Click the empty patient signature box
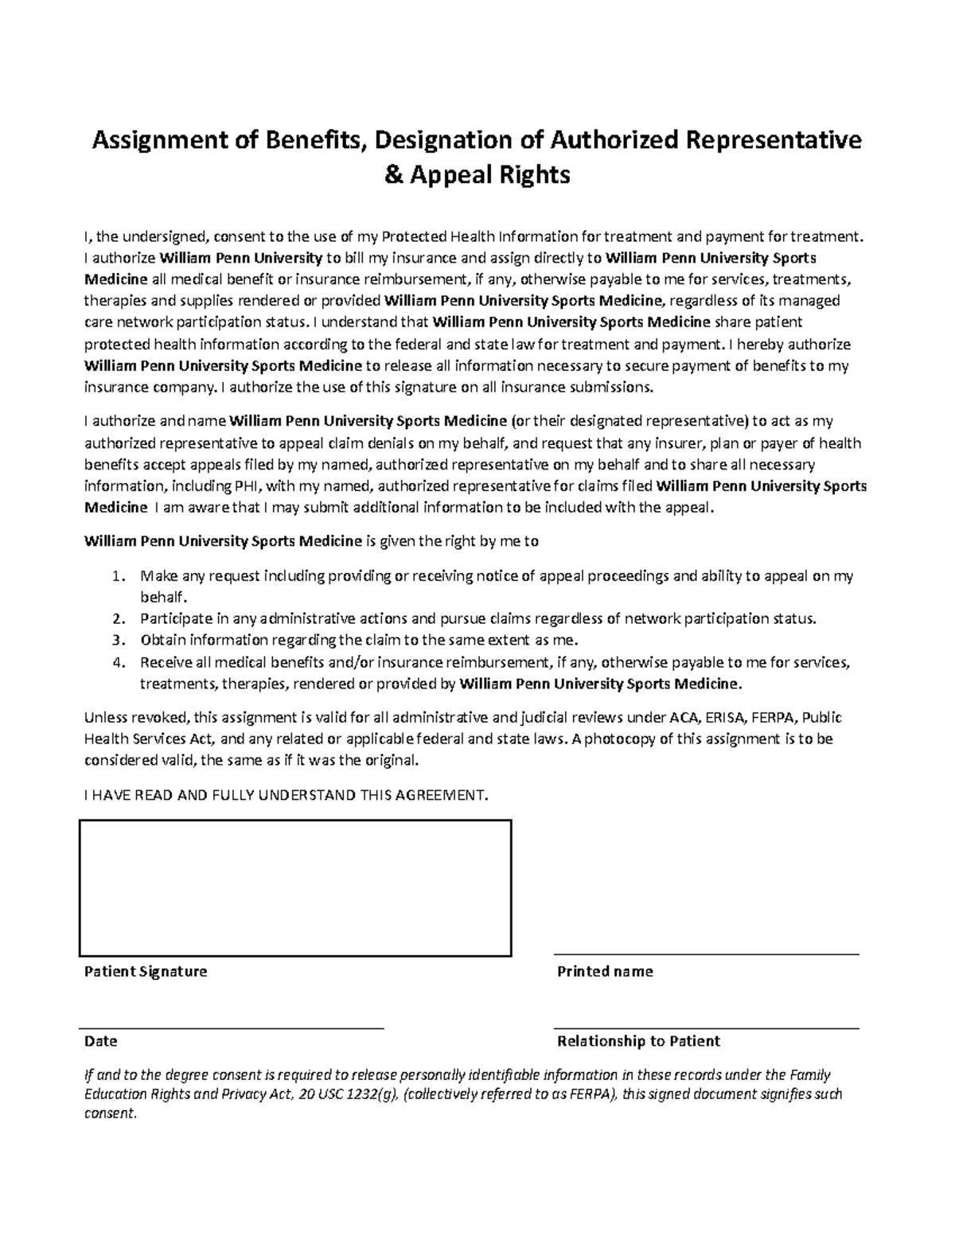tap(294, 887)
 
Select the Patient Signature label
tap(146, 971)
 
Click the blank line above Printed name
tap(706, 953)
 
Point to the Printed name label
tap(605, 971)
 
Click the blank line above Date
tap(231, 1028)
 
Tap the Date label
tap(101, 1041)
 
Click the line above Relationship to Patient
tap(706, 1028)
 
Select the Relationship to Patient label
tap(638, 1041)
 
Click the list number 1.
tap(117, 576)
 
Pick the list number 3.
tap(117, 640)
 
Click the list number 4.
tap(117, 662)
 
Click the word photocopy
tap(621, 739)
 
